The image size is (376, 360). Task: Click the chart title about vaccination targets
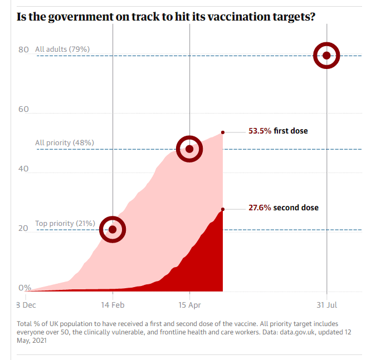[x=166, y=16]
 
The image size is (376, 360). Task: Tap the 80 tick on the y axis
[x=23, y=50]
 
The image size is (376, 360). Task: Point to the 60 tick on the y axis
[x=23, y=109]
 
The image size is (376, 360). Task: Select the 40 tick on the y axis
[x=23, y=169]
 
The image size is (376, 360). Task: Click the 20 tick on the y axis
[x=23, y=228]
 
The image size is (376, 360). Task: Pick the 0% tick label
[x=25, y=288]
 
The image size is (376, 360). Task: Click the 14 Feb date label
[x=113, y=305]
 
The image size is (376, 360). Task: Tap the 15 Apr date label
[x=189, y=305]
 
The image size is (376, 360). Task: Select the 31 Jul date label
[x=326, y=305]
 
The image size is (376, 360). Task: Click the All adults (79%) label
[x=62, y=50]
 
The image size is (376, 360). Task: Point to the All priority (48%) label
[x=65, y=143]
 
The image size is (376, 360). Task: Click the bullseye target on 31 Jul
[x=326, y=55]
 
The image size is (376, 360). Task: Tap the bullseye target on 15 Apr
[x=189, y=149]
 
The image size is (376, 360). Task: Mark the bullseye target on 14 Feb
[x=113, y=229]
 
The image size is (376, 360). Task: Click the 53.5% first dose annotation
[x=278, y=131]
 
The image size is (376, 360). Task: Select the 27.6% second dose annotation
[x=284, y=208]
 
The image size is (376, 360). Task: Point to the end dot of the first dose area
[x=223, y=132]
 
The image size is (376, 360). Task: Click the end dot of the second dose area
[x=223, y=209]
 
